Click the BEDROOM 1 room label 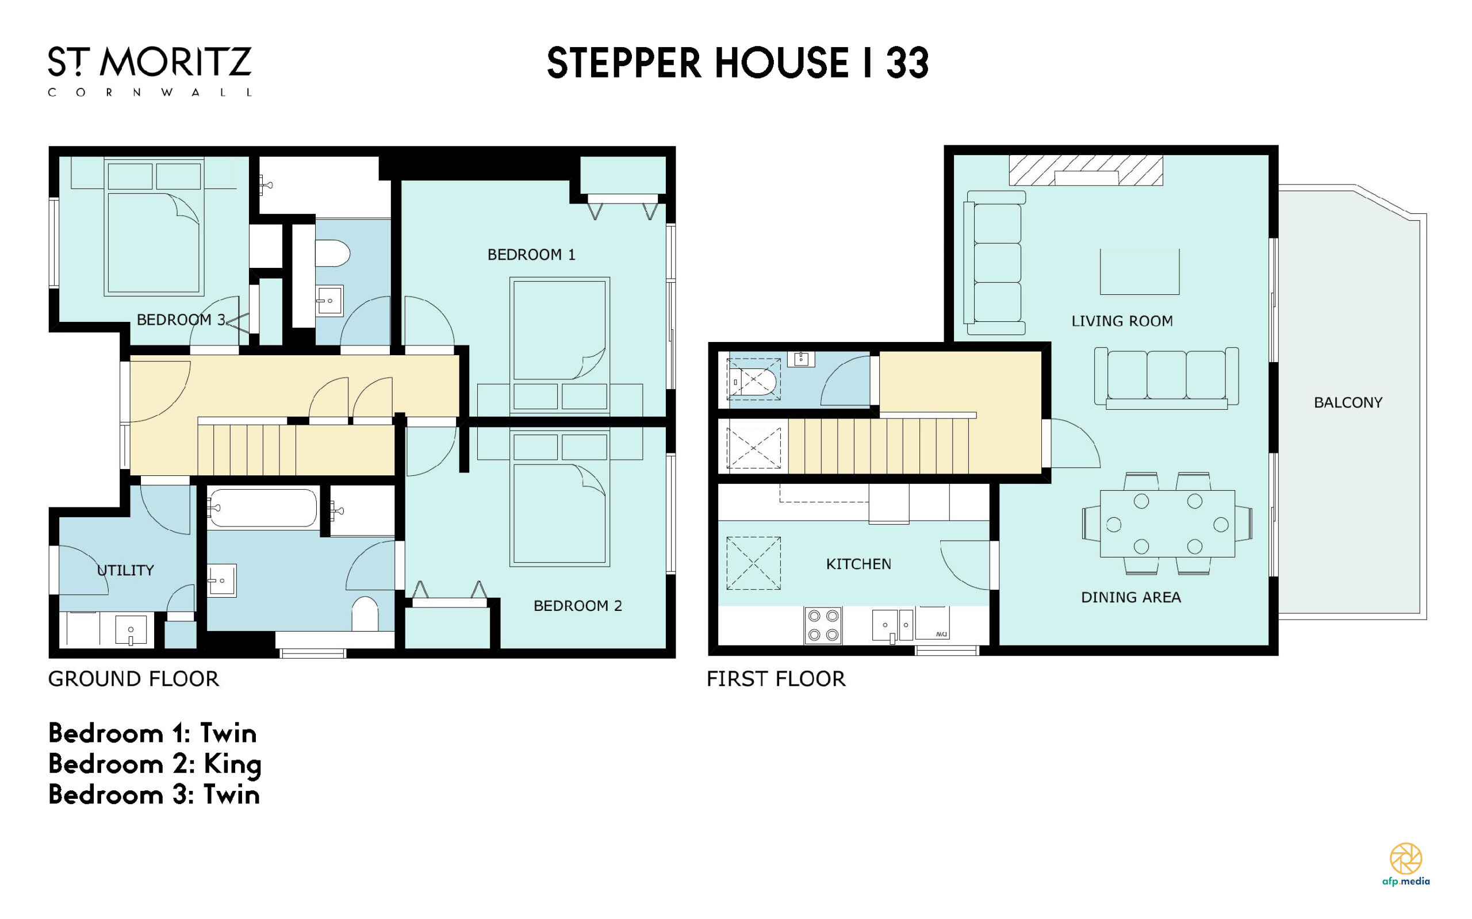(531, 255)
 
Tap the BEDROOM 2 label (578, 605)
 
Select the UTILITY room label (125, 570)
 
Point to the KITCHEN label (858, 564)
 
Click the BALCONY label (1348, 402)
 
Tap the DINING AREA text (1131, 598)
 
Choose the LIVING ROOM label (1122, 321)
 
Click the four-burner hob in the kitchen (823, 625)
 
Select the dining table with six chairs (1167, 524)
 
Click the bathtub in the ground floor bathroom (263, 507)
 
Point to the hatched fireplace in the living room (1086, 170)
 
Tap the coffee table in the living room (1140, 272)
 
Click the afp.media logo (1406, 864)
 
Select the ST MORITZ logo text (149, 62)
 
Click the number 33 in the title (907, 63)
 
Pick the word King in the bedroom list (232, 764)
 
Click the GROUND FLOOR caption (134, 679)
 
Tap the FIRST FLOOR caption (776, 679)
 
